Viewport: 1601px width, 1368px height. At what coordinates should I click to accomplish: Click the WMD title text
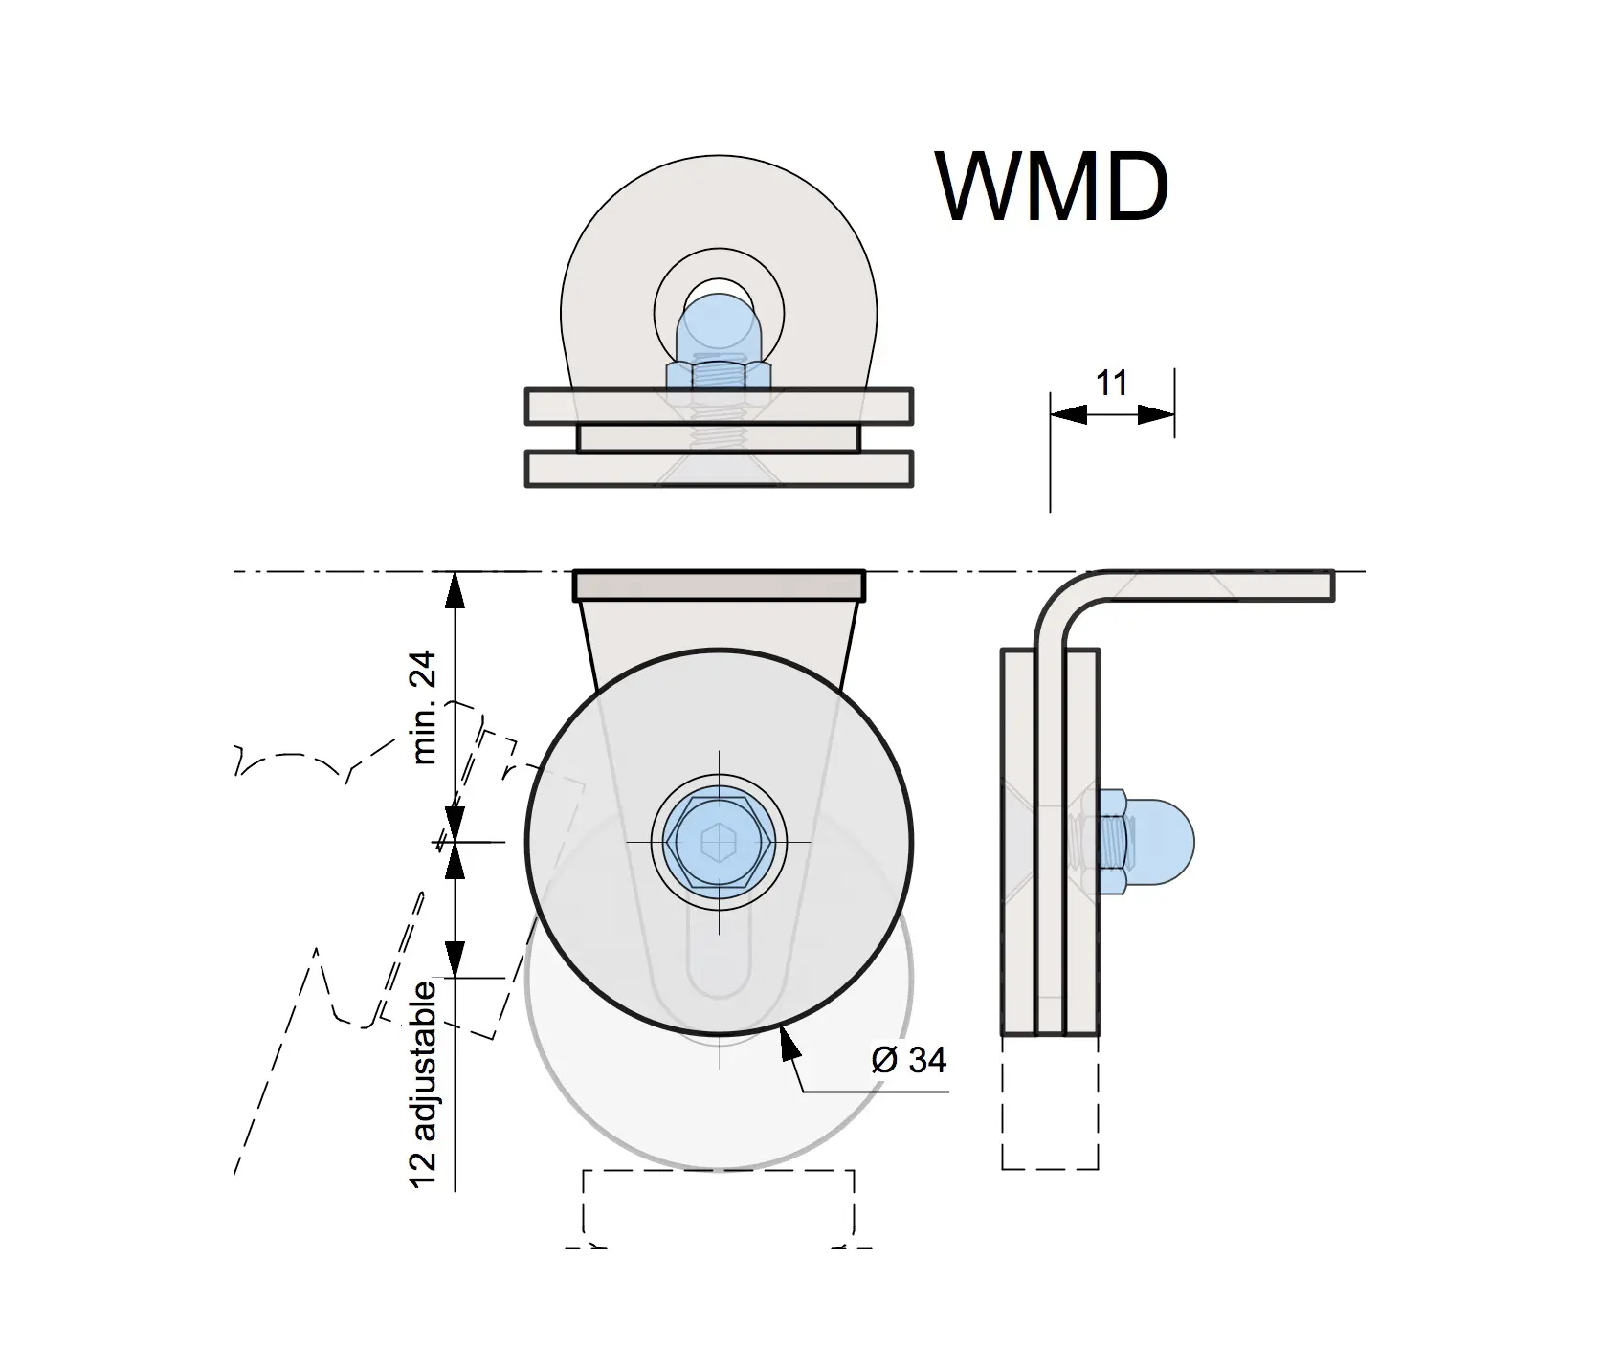click(x=1053, y=187)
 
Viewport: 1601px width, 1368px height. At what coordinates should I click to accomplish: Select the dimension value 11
click(x=1111, y=383)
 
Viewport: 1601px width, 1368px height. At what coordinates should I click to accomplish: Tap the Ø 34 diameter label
click(x=909, y=1060)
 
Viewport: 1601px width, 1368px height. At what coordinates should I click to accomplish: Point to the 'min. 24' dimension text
click(x=423, y=707)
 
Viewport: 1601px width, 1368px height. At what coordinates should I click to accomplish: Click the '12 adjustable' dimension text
click(x=423, y=1085)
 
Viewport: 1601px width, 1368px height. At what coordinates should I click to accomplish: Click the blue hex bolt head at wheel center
click(x=719, y=842)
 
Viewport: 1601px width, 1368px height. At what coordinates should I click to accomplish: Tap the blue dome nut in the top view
click(x=719, y=325)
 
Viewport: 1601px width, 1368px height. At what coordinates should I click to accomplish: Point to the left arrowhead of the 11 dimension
click(x=1067, y=414)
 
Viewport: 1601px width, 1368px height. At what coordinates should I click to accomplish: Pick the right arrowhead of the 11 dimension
click(x=1157, y=414)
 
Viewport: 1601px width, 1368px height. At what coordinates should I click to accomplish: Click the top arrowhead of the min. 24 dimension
click(x=456, y=588)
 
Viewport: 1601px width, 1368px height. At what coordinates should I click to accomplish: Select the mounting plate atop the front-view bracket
click(x=719, y=585)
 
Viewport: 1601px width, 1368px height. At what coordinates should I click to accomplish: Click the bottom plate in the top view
click(x=719, y=469)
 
